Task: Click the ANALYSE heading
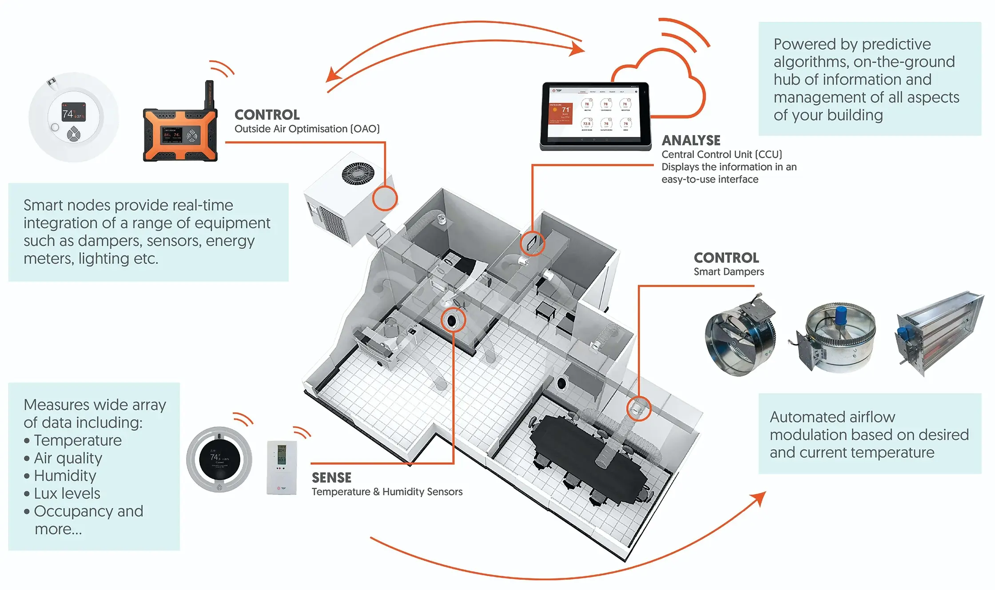691,140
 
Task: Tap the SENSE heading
331,478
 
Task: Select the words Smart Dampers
728,272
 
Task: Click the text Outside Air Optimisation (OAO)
307,129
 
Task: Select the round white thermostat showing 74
74,117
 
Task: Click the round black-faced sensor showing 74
219,459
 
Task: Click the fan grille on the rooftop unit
358,173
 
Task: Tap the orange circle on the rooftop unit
385,198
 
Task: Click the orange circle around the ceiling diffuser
453,320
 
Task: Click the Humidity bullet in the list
65,476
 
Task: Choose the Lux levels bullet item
67,494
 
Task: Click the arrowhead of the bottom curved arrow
760,496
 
